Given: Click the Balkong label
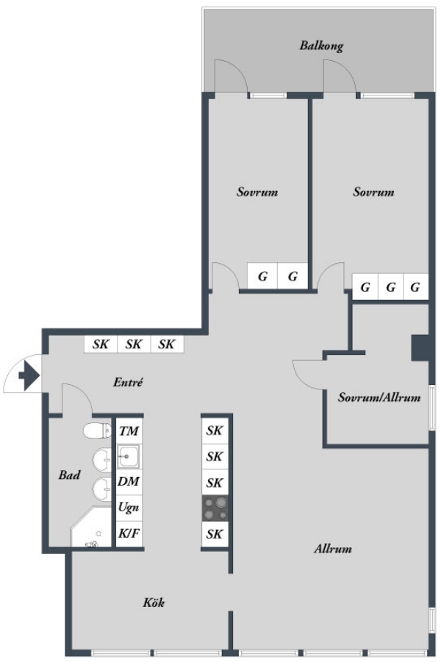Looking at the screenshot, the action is pyautogui.click(x=321, y=46).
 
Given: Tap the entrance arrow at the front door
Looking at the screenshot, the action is pyautogui.click(x=29, y=375).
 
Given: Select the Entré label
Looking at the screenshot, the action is pyautogui.click(x=128, y=382).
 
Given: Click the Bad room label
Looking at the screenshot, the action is pyautogui.click(x=69, y=475).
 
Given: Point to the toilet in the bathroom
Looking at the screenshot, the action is pyautogui.click(x=97, y=431).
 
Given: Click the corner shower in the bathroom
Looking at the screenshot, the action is pyautogui.click(x=90, y=527).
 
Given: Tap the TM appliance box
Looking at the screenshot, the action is pyautogui.click(x=129, y=431).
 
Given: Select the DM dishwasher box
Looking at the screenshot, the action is pyautogui.click(x=129, y=482).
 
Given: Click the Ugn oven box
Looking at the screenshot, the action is pyautogui.click(x=129, y=507).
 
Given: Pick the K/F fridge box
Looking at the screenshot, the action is pyautogui.click(x=129, y=533).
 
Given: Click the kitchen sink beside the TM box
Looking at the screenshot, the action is pyautogui.click(x=129, y=456).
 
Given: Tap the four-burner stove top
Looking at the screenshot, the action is pyautogui.click(x=215, y=508).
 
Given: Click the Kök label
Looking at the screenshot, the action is pyautogui.click(x=154, y=602).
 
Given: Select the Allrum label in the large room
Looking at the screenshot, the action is pyautogui.click(x=333, y=549).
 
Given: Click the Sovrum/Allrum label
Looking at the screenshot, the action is pyautogui.click(x=379, y=397).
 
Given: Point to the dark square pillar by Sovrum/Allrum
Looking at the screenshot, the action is pyautogui.click(x=420, y=348).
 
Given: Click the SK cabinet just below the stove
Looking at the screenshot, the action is pyautogui.click(x=215, y=534).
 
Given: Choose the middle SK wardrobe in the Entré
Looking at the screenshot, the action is pyautogui.click(x=134, y=344).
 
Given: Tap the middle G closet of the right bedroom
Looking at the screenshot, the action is pyautogui.click(x=391, y=287).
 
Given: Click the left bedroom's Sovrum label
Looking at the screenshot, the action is pyautogui.click(x=257, y=192).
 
